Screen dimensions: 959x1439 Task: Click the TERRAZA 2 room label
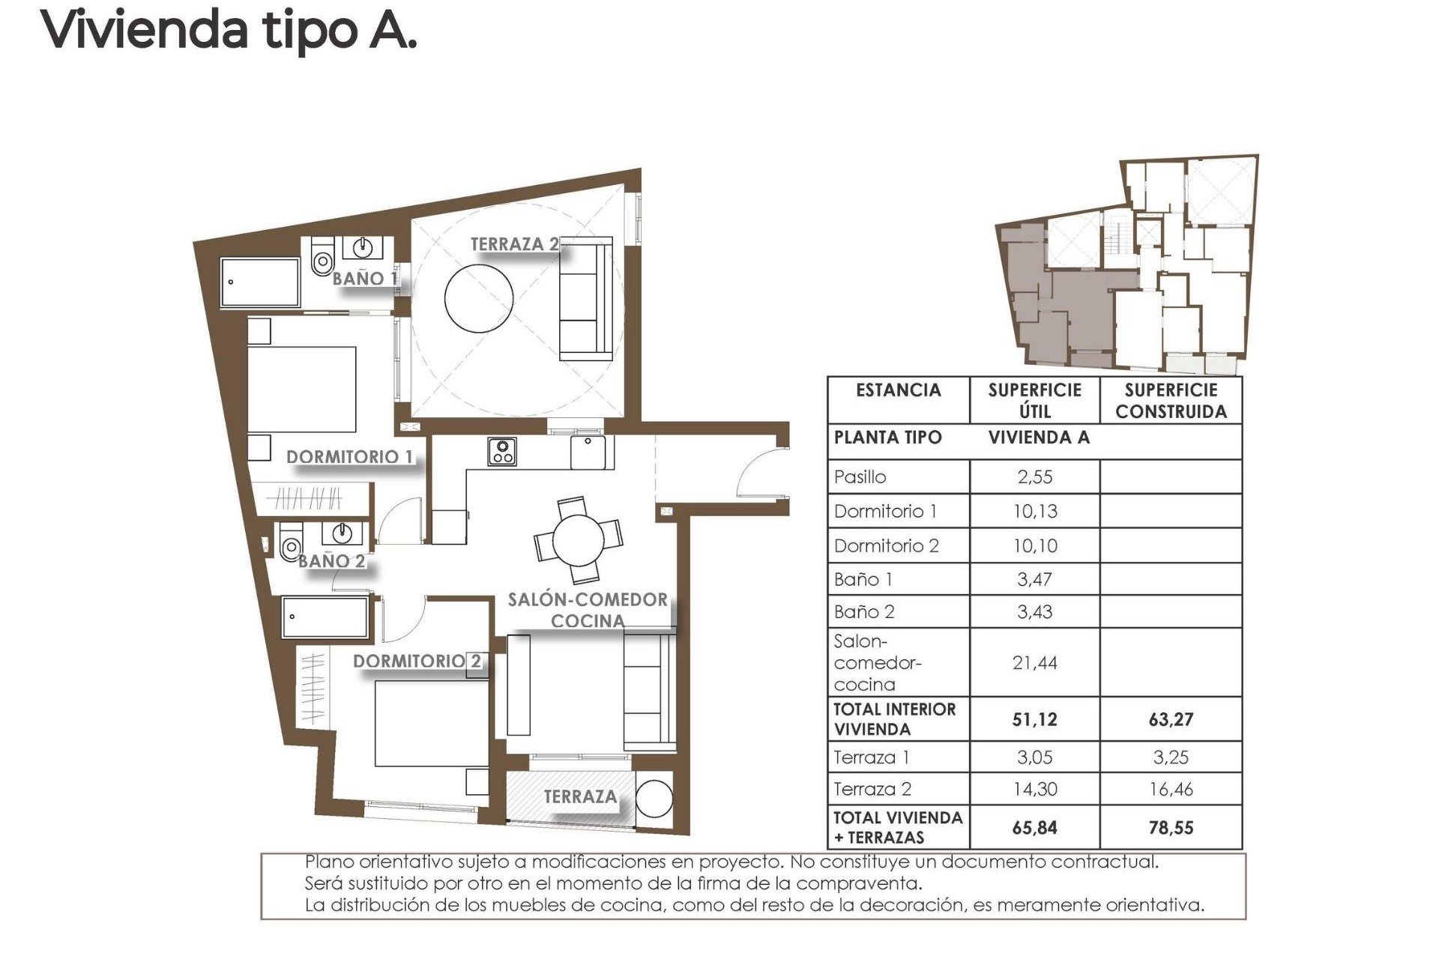click(514, 244)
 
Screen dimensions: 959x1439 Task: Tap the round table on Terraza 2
click(478, 297)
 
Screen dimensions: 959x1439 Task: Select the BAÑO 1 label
click(364, 279)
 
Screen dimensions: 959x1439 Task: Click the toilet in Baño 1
click(322, 258)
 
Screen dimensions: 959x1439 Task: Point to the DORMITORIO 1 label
click(349, 457)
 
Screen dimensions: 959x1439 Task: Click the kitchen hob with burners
click(501, 451)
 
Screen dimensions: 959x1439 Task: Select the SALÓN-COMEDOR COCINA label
click(588, 610)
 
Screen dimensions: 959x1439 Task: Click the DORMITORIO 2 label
click(417, 661)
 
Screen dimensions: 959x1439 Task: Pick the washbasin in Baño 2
click(342, 533)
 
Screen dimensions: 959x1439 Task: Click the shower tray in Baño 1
click(260, 282)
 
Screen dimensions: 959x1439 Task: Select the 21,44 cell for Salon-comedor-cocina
click(1034, 662)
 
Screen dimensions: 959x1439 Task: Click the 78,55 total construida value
click(1171, 828)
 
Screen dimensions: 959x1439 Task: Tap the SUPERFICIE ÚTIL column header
click(1034, 400)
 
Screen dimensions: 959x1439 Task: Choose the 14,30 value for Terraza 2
click(1034, 789)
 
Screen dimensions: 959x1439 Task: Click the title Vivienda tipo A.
click(228, 30)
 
